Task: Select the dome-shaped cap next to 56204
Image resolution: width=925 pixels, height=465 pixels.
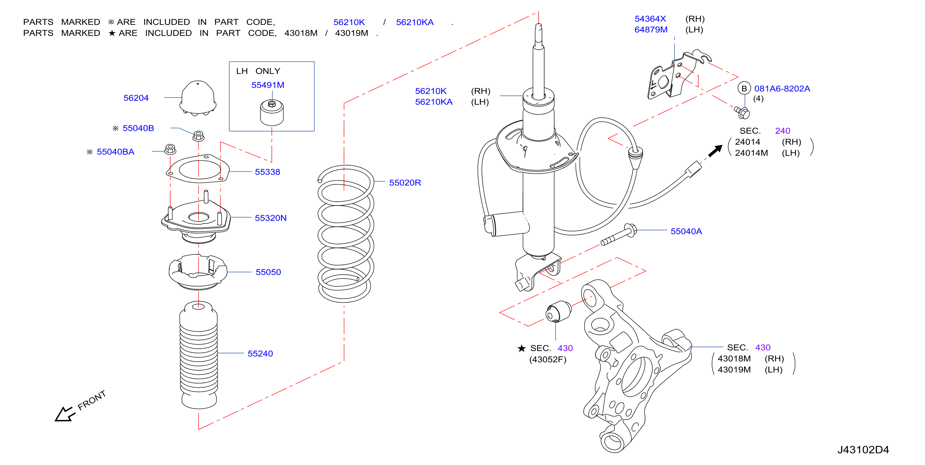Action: [198, 98]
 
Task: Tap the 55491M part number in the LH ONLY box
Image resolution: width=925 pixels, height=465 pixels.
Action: [268, 85]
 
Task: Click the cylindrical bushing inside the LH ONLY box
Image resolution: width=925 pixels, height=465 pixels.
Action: [272, 113]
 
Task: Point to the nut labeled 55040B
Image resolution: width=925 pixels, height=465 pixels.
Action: [199, 136]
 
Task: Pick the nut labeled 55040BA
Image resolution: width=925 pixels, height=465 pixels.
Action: [170, 149]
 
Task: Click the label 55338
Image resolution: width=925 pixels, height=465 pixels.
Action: [267, 172]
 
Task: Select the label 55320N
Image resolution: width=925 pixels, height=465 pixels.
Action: [271, 218]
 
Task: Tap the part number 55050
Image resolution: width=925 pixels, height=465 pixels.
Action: [268, 272]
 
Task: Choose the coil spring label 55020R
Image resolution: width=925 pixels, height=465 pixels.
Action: [405, 183]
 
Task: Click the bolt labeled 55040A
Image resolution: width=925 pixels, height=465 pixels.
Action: [619, 234]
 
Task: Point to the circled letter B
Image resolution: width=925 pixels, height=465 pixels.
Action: [744, 88]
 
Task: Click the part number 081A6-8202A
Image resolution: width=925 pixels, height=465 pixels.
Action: [782, 88]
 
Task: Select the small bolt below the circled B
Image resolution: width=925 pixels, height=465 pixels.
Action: [742, 112]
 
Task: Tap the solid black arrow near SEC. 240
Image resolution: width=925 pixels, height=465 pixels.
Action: [715, 151]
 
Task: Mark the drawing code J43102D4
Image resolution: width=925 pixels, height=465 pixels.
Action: [863, 450]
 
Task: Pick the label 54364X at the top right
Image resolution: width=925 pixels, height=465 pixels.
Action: [650, 19]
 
